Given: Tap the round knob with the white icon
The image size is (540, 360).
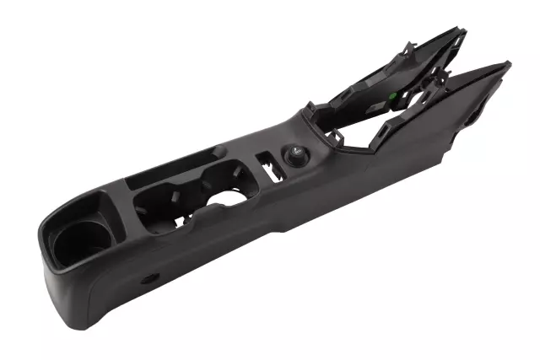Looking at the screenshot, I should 297,155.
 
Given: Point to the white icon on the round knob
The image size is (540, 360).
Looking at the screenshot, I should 298,153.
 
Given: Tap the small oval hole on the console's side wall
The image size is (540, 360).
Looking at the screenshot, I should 150,278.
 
